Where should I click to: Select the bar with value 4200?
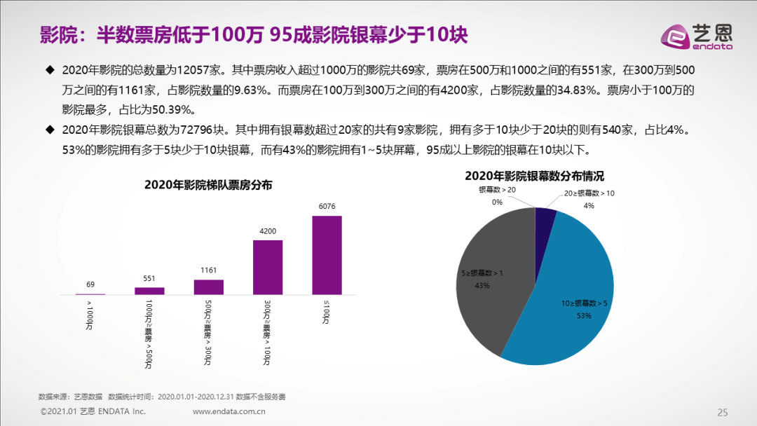point(267,267)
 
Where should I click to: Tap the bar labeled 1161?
point(208,287)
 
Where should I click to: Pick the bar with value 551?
point(149,291)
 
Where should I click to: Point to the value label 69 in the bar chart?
point(90,285)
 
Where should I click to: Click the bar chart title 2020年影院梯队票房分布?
point(208,185)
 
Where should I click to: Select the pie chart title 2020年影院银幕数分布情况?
point(534,176)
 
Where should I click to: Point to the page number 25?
point(723,411)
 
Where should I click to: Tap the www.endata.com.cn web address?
point(229,411)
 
